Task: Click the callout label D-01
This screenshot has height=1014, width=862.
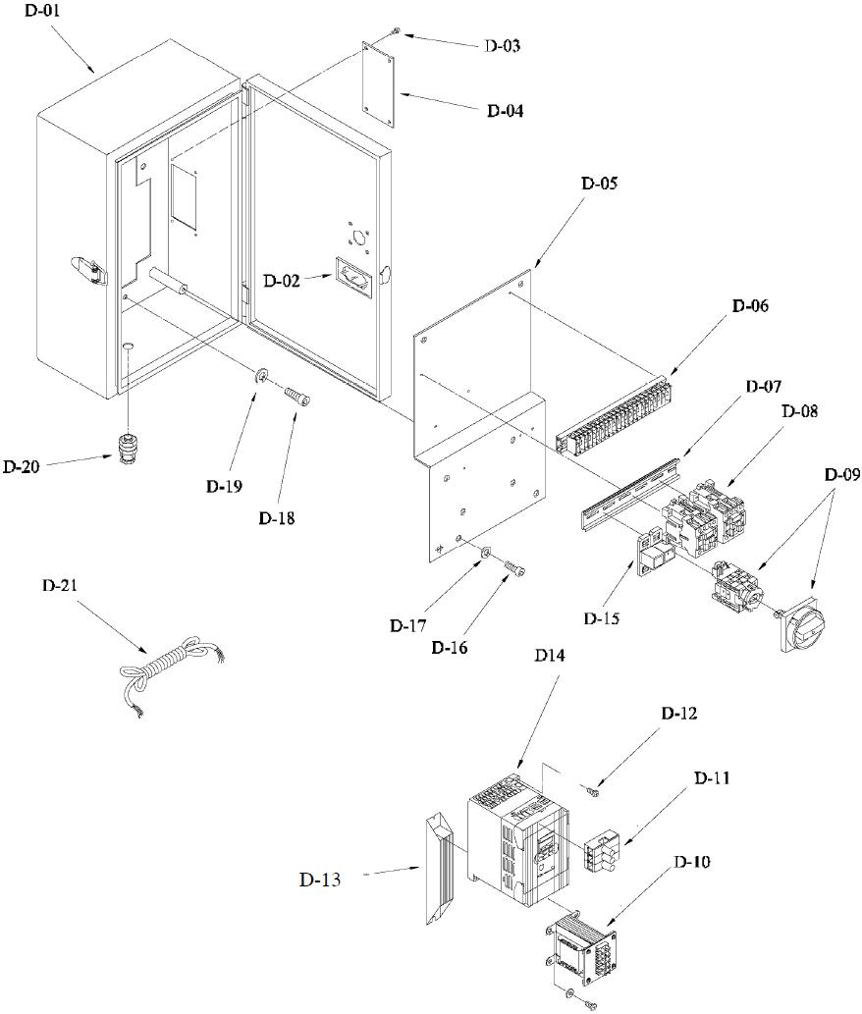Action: pos(42,11)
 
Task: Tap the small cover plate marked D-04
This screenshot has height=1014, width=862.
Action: pos(378,84)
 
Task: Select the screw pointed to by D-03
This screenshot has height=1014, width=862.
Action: pos(397,31)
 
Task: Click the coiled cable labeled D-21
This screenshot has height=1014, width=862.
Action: pos(172,672)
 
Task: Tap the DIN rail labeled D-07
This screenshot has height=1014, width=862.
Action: pos(632,494)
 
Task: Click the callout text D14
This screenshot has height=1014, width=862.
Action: pos(549,655)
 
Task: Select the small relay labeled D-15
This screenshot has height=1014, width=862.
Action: pos(655,552)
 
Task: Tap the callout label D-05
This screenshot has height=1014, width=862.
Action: pos(599,183)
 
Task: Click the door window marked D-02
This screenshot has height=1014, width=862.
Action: pos(353,278)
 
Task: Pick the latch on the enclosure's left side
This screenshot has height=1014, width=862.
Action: pos(87,270)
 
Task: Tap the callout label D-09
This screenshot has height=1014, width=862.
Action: pos(842,474)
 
